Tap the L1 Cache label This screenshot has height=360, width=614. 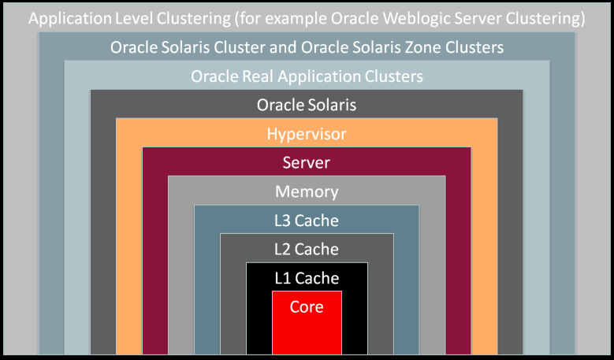point(307,278)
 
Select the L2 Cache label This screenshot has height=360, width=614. point(307,250)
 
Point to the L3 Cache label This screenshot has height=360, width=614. point(307,221)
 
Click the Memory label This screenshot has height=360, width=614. point(307,192)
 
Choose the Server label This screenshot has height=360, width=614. point(307,163)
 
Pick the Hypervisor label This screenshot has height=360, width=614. point(307,135)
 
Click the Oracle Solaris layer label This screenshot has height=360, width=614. point(307,106)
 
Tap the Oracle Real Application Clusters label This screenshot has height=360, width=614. point(307,76)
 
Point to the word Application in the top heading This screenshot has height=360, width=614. point(69,18)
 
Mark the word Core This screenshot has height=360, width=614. point(307,307)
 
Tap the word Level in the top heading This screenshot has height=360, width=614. point(132,18)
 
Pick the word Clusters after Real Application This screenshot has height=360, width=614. point(392,76)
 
